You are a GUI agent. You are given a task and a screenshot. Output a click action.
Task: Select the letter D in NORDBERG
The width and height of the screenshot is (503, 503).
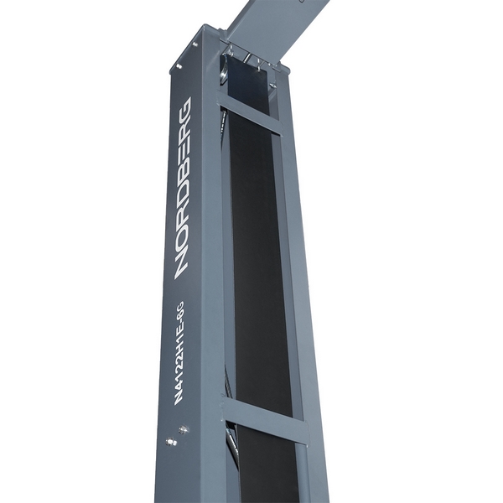click(184, 189)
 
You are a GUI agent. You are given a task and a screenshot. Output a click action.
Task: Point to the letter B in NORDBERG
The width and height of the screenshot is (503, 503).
click(184, 167)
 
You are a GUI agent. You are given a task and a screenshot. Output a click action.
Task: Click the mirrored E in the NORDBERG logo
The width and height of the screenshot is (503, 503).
click(184, 145)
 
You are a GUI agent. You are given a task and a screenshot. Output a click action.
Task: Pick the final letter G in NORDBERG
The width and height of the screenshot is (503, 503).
click(184, 108)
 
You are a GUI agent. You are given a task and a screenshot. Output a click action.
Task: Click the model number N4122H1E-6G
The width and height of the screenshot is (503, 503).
click(179, 353)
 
